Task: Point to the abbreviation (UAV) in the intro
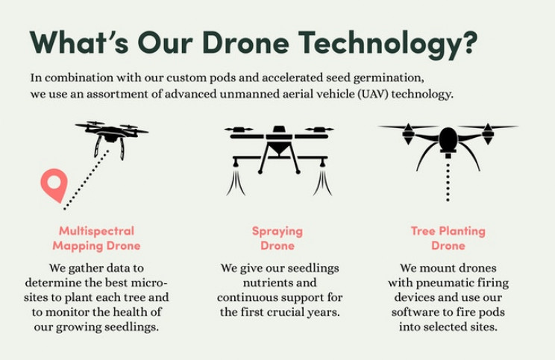point(371,95)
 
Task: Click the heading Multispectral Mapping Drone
point(96,239)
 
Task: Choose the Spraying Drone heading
point(277,239)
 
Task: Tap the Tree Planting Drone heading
point(448,239)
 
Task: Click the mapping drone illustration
point(111,139)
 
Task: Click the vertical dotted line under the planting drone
point(448,182)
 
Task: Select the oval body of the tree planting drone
point(448,139)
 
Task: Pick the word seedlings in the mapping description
point(131,327)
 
